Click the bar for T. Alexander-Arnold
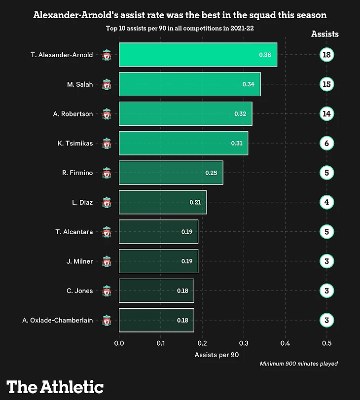[198, 55]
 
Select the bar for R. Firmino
[171, 173]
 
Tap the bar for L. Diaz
[163, 202]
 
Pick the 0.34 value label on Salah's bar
[248, 84]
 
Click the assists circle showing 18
[326, 55]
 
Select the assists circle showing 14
[326, 114]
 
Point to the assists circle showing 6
[326, 144]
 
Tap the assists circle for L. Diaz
[326, 202]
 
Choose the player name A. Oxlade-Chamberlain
[57, 321]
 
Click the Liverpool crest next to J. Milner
[107, 261]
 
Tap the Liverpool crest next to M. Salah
[107, 85]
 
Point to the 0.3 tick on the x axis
[244, 343]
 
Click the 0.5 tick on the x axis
[326, 343]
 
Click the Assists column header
[325, 34]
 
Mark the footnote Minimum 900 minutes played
[299, 364]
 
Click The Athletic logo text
[55, 387]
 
